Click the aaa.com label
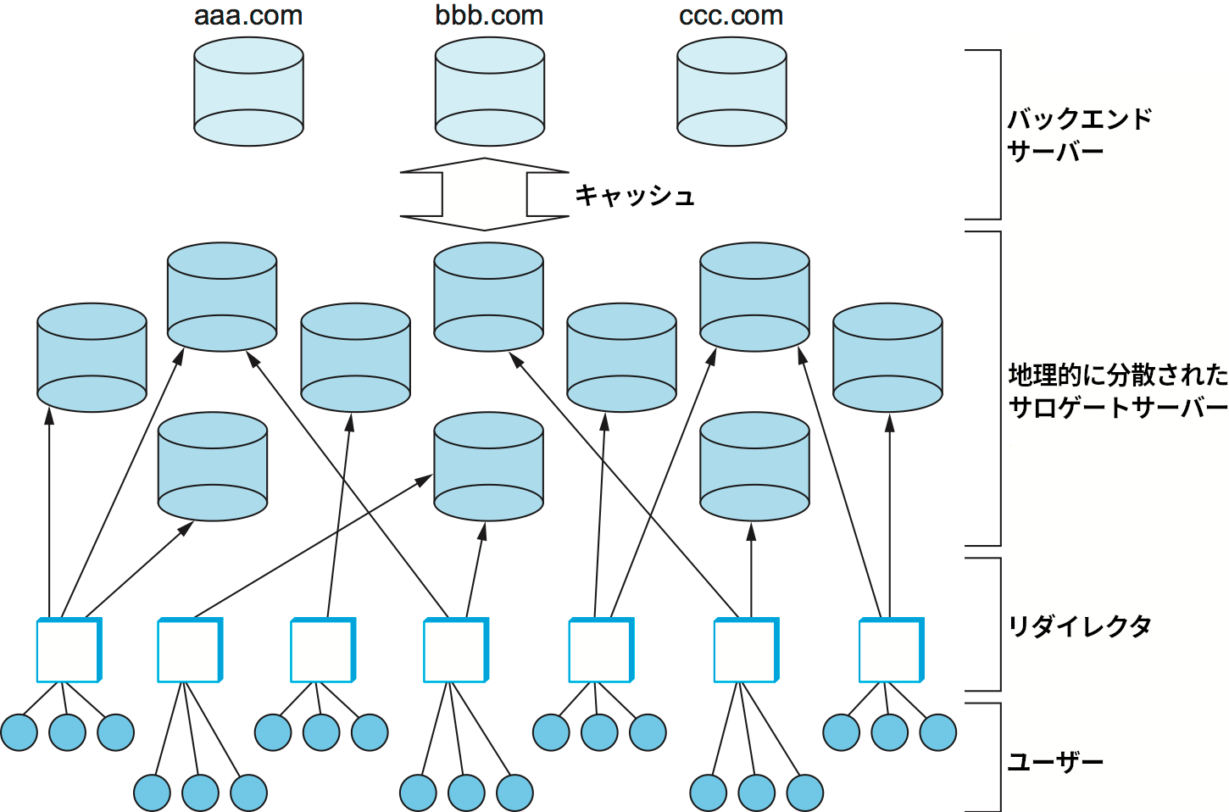click(248, 16)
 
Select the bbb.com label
click(489, 16)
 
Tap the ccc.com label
click(731, 16)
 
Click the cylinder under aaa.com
click(248, 92)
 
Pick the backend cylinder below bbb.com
click(489, 92)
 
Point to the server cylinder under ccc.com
click(731, 92)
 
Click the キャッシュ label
click(635, 196)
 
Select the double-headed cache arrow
click(484, 194)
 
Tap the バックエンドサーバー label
click(1079, 135)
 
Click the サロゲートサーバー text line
click(1117, 408)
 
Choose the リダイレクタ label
click(1079, 626)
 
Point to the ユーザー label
click(1055, 762)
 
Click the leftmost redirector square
click(68, 650)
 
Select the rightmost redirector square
click(891, 650)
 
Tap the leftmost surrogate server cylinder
click(92, 358)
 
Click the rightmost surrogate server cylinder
click(887, 358)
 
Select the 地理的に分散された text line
click(1117, 375)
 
